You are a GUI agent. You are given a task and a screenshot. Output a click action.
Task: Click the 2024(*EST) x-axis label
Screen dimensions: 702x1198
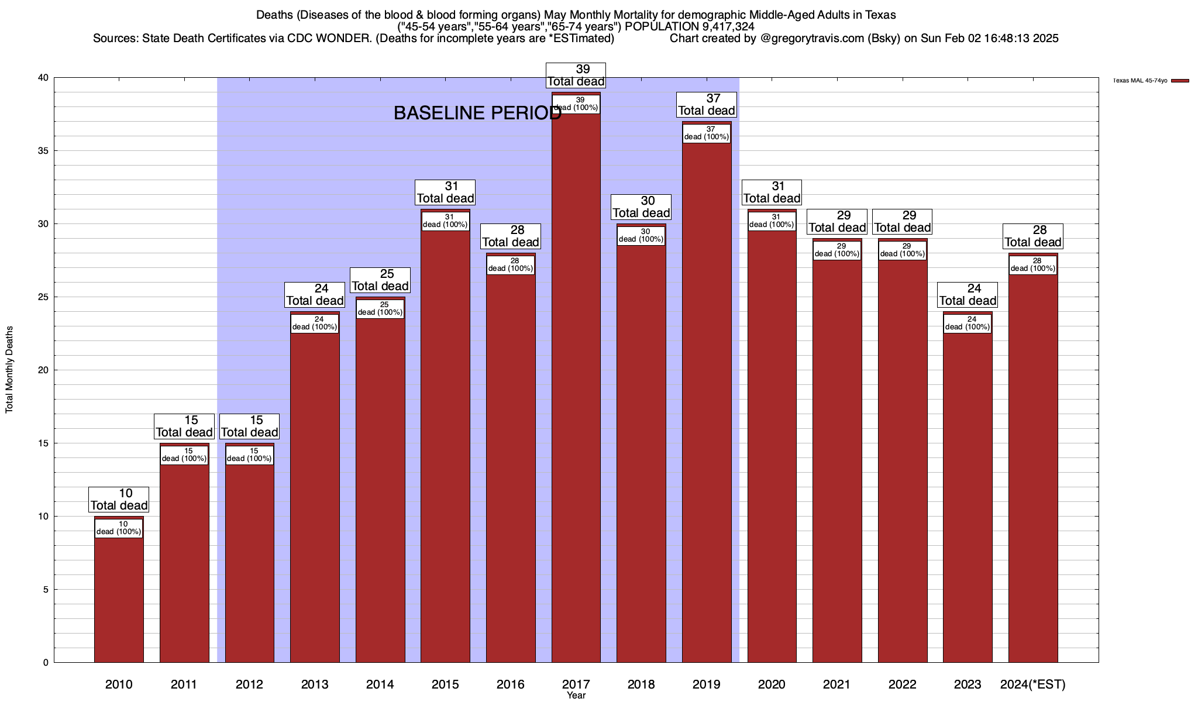click(x=1033, y=684)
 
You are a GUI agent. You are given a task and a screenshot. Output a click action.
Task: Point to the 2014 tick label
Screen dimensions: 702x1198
click(x=380, y=684)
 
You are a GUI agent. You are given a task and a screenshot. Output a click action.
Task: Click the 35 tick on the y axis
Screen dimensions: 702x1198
click(x=43, y=151)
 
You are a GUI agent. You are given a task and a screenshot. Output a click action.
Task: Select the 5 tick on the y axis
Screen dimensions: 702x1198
click(x=46, y=590)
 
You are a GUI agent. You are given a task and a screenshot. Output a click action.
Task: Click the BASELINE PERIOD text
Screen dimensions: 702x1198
click(x=477, y=113)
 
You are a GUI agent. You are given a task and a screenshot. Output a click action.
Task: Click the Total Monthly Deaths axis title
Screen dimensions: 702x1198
click(x=9, y=370)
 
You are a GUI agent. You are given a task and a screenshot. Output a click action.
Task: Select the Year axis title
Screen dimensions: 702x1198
click(x=576, y=696)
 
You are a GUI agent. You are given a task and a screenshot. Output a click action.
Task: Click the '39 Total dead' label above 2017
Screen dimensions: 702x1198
click(x=576, y=75)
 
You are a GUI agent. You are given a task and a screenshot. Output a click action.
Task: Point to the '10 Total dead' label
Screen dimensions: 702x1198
click(x=119, y=500)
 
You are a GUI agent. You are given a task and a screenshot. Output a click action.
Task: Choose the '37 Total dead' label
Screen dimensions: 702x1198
click(x=707, y=105)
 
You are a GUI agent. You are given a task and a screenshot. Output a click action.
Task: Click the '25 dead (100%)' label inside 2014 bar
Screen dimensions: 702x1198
click(x=380, y=309)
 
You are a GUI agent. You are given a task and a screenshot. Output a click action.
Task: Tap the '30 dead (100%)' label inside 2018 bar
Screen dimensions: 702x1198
click(x=641, y=236)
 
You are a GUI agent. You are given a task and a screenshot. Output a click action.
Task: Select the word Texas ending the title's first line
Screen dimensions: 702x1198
click(x=879, y=15)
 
